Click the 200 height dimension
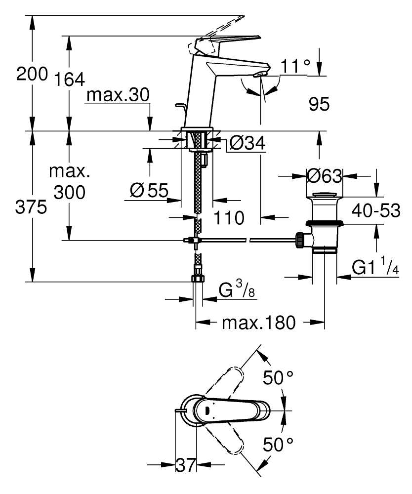32,75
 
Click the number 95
319,104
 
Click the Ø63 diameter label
324,175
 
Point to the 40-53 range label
376,211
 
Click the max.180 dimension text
258,323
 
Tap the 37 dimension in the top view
186,465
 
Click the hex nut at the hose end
197,278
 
